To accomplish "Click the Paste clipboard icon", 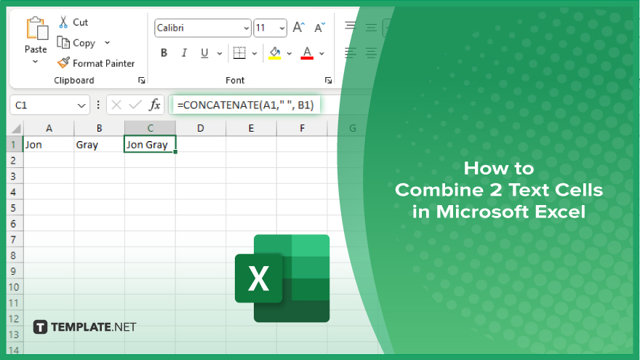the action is [x=37, y=28].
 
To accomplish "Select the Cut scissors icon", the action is [x=63, y=22].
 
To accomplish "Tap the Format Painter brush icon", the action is [x=63, y=63].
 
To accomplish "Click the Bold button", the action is [x=164, y=52].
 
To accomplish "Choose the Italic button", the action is [x=184, y=52].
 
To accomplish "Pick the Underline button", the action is [x=204, y=53].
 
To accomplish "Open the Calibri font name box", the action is [x=202, y=28].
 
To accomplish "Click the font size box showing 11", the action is [x=270, y=28].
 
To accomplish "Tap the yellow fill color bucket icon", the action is [x=275, y=53].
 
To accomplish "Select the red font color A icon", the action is [x=307, y=53].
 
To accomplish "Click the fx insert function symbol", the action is [x=155, y=105].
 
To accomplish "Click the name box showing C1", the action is [x=49, y=105].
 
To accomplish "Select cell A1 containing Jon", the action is [x=49, y=145].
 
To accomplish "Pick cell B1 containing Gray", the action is [x=99, y=145].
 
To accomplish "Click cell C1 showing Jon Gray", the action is [x=150, y=145].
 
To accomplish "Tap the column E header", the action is [x=251, y=128].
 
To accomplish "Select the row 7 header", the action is [x=14, y=239].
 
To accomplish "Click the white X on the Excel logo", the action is [x=258, y=279].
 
